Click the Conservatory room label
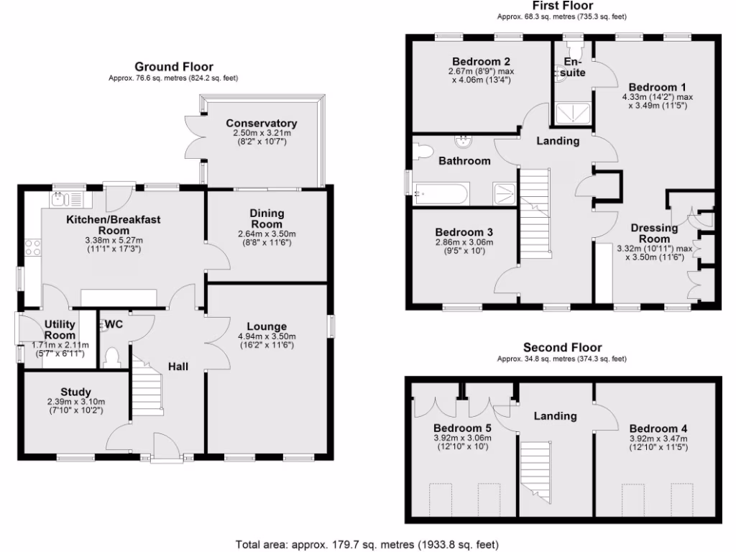click(x=261, y=123)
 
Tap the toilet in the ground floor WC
click(x=112, y=357)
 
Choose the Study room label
click(x=76, y=392)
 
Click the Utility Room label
click(x=60, y=331)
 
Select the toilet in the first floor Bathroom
click(x=424, y=152)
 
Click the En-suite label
click(x=574, y=68)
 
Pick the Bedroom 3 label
click(x=464, y=232)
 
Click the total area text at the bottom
click(x=367, y=544)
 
